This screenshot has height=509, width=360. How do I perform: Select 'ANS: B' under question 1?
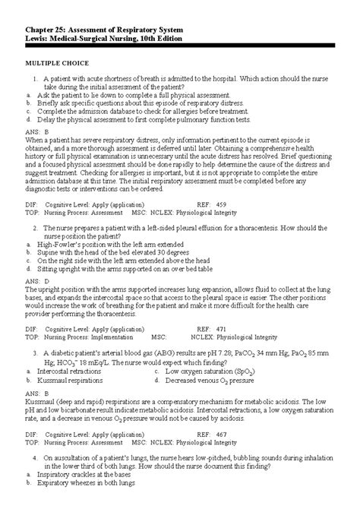point(36,131)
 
